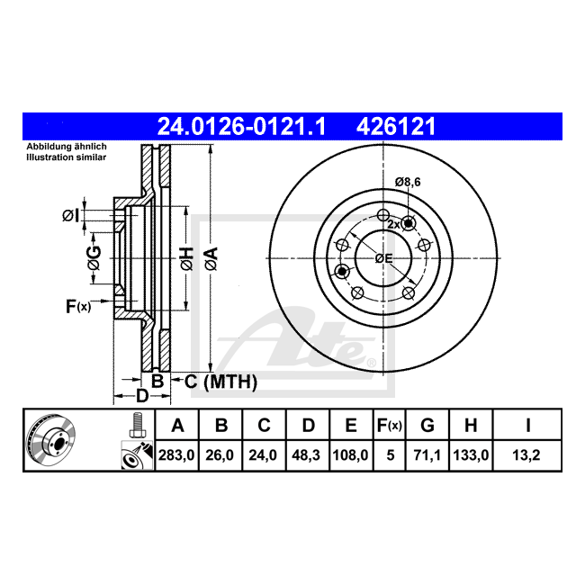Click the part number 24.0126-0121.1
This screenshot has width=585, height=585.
tap(241, 126)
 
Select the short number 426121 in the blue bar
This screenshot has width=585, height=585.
tap(396, 126)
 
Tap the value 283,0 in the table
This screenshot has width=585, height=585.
tap(176, 455)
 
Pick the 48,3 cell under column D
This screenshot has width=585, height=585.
tap(306, 455)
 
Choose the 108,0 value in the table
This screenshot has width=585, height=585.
tap(350, 455)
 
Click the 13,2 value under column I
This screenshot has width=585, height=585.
tap(526, 455)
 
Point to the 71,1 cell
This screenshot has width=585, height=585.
tap(427, 455)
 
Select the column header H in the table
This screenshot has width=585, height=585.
tap(471, 426)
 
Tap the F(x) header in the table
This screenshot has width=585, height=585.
tap(390, 426)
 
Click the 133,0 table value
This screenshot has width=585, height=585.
tap(471, 455)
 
